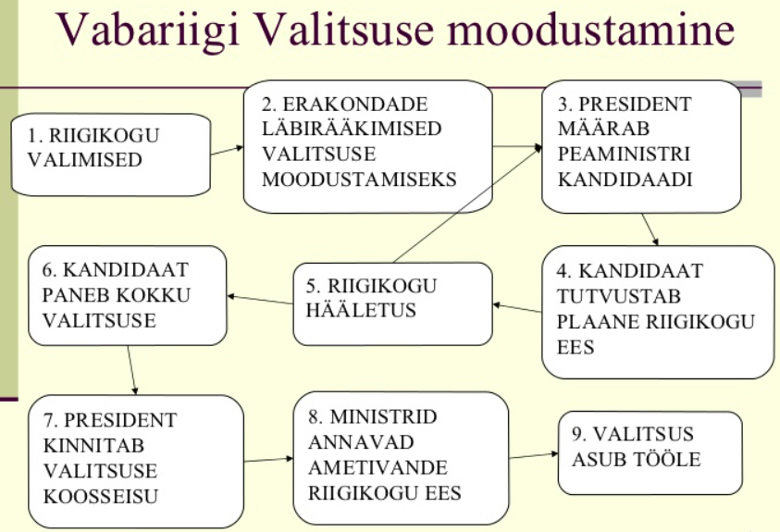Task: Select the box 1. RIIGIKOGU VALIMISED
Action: [x=111, y=155]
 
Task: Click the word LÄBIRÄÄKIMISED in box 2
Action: [x=352, y=129]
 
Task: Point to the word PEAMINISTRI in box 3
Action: [x=624, y=154]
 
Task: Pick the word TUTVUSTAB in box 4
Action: [x=618, y=296]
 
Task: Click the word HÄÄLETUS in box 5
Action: [x=361, y=310]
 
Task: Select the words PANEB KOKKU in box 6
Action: [x=116, y=295]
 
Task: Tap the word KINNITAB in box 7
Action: [x=93, y=445]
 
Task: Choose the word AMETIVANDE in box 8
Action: [x=378, y=467]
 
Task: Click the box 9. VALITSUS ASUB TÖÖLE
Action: [x=650, y=453]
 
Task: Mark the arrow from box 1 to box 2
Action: [x=227, y=151]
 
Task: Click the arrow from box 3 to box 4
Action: [x=650, y=229]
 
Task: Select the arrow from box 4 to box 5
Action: [x=517, y=308]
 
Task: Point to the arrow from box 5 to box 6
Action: [x=260, y=300]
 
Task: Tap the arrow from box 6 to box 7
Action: [x=132, y=370]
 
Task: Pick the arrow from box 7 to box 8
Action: [x=268, y=460]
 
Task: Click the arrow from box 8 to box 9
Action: [x=534, y=455]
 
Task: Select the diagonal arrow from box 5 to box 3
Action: [x=467, y=204]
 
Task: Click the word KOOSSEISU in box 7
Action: [x=101, y=496]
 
